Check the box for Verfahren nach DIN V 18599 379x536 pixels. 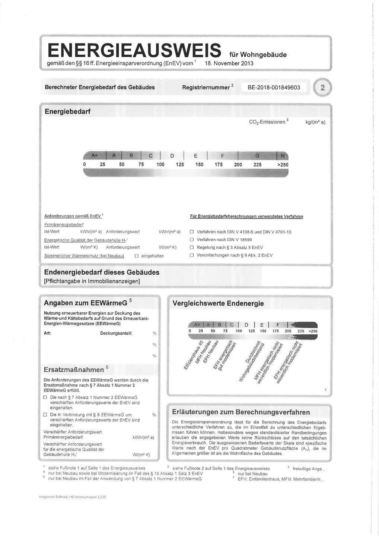(192, 240)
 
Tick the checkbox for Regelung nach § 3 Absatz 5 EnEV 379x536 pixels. (192, 248)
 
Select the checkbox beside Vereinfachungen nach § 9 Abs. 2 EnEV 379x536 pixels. (192, 255)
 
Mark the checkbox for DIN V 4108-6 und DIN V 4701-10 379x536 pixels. (192, 232)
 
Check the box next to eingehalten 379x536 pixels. (136, 256)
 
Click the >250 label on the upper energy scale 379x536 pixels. (281, 165)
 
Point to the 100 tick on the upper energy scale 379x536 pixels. (160, 165)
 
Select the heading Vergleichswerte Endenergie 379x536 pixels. (218, 303)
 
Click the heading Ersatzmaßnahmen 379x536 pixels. (74, 370)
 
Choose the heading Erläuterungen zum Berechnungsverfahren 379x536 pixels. (241, 412)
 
